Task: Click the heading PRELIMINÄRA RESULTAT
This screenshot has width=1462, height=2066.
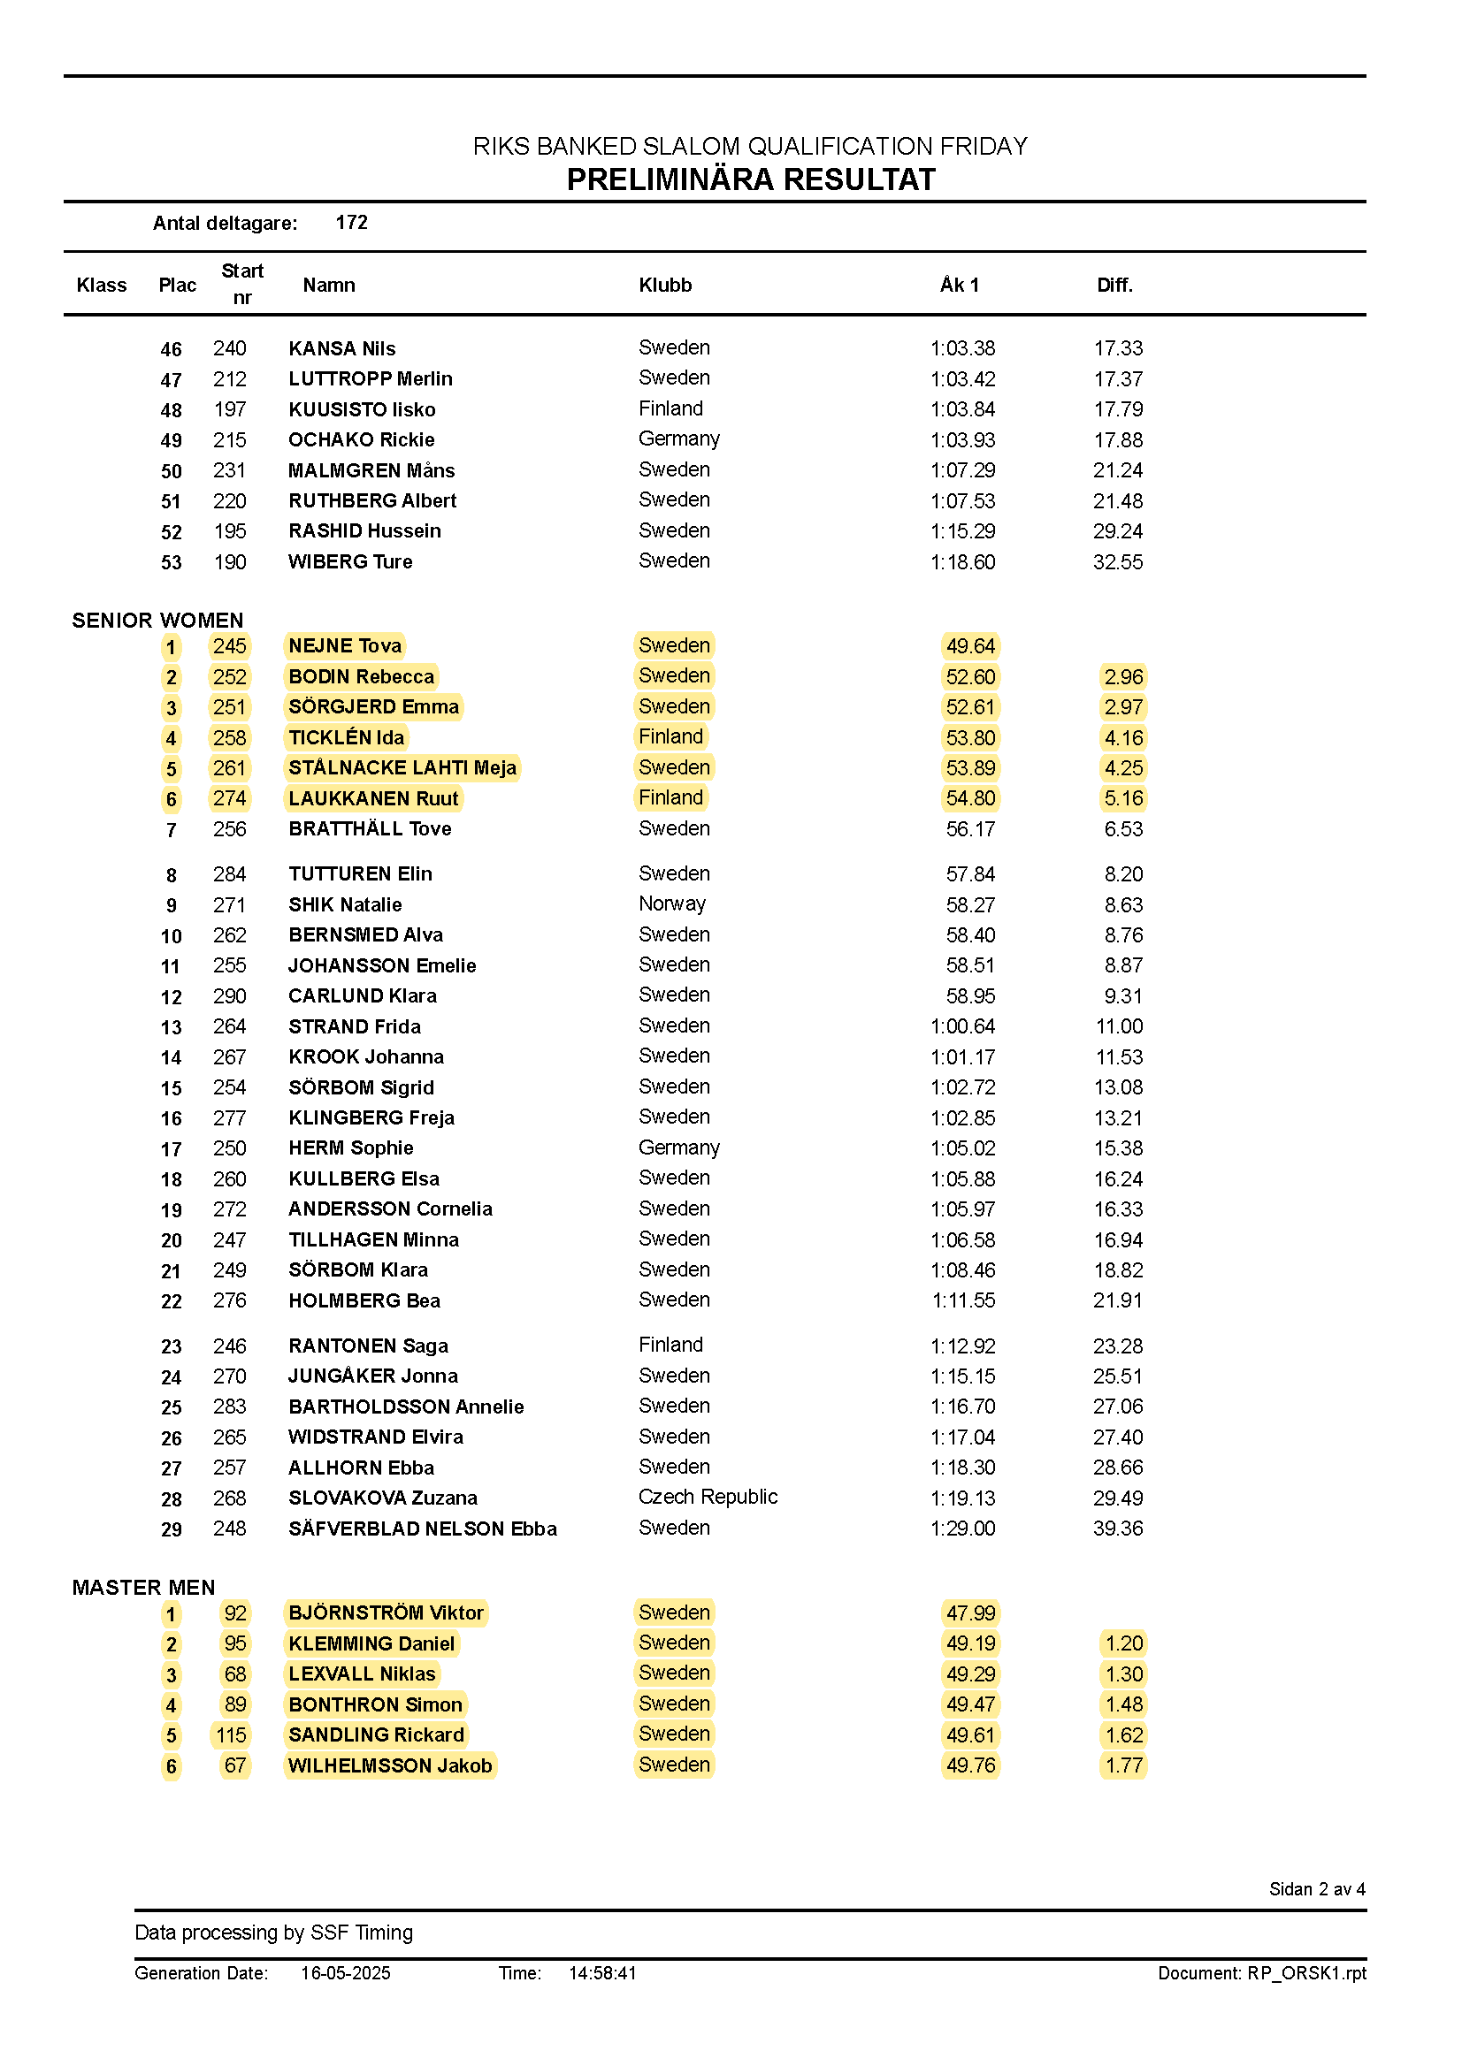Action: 751,180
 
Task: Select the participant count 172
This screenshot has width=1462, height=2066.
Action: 351,222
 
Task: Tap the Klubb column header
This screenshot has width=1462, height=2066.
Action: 665,286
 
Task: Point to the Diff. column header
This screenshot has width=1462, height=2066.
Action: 1114,286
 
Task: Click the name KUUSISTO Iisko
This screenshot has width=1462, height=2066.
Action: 362,409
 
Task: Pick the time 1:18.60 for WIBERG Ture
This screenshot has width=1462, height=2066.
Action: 962,562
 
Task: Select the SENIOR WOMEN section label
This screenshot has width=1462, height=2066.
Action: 157,620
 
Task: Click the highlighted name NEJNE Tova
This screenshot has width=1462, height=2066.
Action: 345,646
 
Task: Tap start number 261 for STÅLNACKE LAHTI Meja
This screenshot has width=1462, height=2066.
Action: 230,768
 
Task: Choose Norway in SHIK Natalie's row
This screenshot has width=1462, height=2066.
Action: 671,903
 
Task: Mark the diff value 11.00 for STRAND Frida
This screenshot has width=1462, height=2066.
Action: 1118,1026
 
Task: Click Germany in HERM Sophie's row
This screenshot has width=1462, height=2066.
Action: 678,1148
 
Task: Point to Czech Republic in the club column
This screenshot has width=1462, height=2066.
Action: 708,1498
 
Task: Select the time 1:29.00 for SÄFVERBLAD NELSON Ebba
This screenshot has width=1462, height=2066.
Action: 962,1529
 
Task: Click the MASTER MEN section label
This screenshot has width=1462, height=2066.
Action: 144,1588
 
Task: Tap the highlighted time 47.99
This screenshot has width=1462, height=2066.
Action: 970,1613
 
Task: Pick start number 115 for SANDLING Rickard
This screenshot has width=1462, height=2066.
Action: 231,1734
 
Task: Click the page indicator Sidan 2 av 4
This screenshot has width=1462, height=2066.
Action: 1316,1888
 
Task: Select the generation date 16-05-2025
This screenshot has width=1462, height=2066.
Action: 346,1973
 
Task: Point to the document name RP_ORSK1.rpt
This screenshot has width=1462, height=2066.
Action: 1306,1973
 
